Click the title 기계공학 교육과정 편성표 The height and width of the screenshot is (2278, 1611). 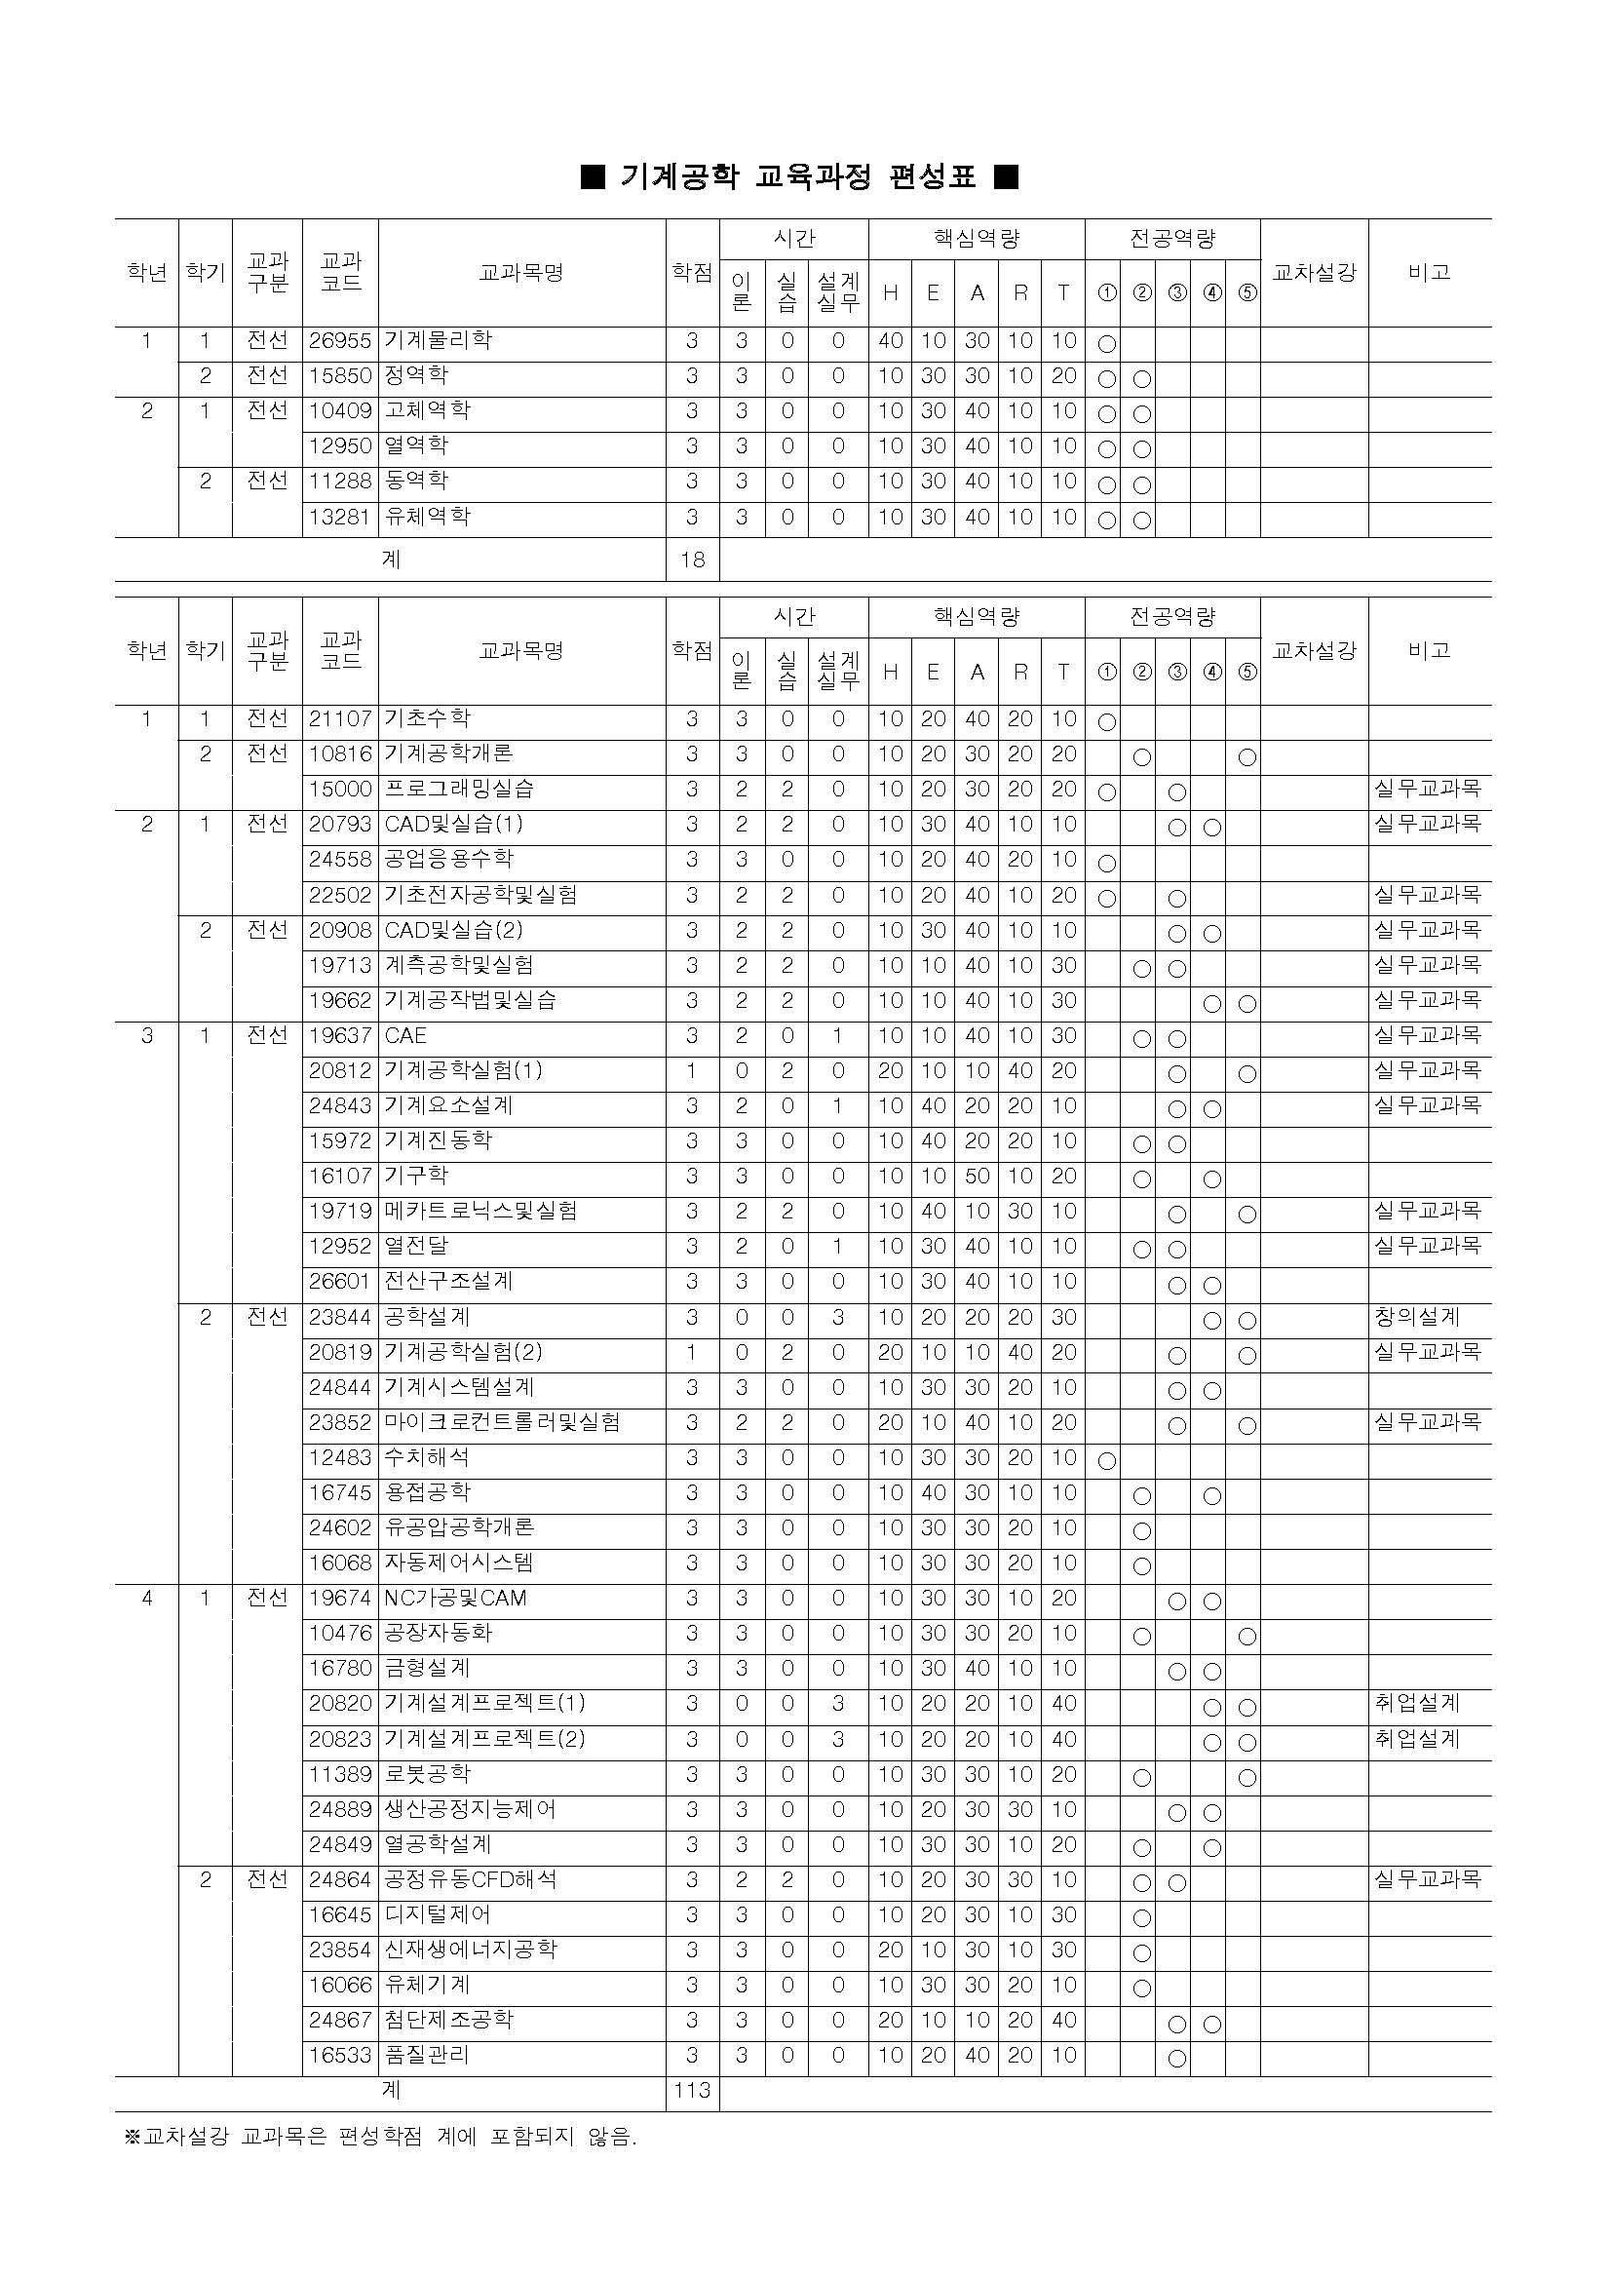click(x=798, y=176)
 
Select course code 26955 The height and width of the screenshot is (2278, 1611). click(x=339, y=341)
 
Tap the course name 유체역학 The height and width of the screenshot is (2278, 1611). click(x=428, y=517)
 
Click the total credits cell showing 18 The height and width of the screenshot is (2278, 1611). click(x=691, y=560)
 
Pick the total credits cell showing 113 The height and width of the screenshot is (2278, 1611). click(x=691, y=2091)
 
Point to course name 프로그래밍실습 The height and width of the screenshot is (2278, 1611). click(x=459, y=789)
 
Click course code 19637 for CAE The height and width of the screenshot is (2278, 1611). click(x=339, y=1036)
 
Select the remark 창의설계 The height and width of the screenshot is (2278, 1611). click(x=1417, y=1318)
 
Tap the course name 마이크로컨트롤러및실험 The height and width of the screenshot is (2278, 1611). click(x=502, y=1423)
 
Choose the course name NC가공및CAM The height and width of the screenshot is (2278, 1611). click(x=455, y=1599)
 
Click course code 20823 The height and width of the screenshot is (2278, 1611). click(x=339, y=1739)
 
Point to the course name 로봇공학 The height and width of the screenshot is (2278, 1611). click(x=428, y=1774)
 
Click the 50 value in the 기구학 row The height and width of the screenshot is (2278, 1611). click(x=978, y=1177)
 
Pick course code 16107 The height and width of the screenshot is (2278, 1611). click(x=339, y=1177)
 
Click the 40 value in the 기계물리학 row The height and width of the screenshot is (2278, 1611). click(x=890, y=341)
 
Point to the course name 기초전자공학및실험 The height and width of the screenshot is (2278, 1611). click(x=481, y=895)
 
